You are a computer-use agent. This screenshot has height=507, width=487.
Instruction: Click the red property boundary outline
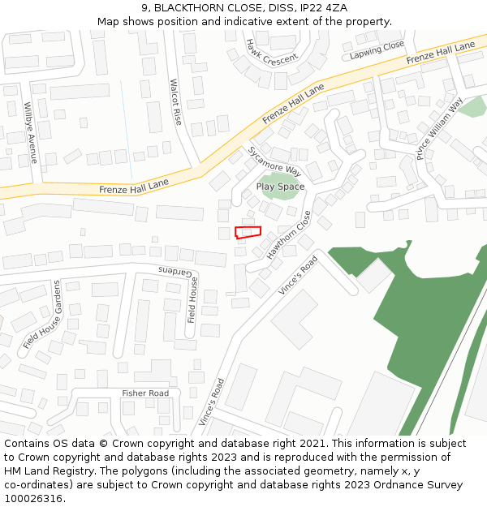point(248,232)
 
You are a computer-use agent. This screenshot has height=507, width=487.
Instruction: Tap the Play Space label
point(280,187)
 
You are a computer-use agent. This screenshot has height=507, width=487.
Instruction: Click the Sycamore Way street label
point(274,161)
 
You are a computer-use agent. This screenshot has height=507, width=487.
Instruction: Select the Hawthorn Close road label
point(289,234)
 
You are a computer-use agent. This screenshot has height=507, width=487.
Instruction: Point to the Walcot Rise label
point(175,101)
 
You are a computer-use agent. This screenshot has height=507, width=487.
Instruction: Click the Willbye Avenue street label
point(30,132)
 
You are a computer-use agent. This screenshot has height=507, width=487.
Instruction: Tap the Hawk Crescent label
point(272,53)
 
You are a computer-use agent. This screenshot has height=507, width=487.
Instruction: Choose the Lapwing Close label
point(377,50)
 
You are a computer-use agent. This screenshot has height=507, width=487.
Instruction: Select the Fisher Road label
point(145,393)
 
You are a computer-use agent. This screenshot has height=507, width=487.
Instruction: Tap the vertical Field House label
point(193,300)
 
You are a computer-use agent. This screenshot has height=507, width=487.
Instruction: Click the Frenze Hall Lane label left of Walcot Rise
point(134,186)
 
